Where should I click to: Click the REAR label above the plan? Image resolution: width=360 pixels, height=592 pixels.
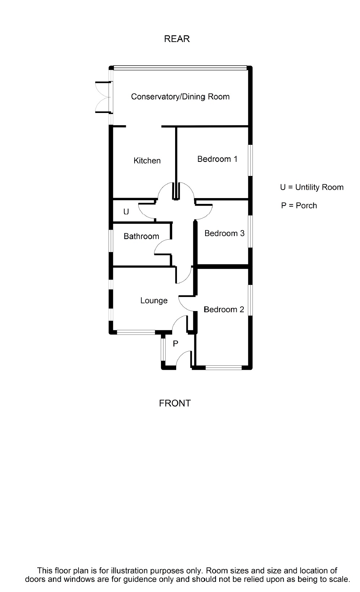[x=177, y=39]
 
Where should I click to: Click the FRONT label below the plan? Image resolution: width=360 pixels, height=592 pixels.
[x=175, y=403]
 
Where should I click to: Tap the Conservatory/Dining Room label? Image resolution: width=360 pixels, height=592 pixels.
[x=180, y=97]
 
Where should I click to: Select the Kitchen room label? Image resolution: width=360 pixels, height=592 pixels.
[x=147, y=161]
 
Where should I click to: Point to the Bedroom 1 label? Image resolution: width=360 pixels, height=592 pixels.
[x=217, y=159]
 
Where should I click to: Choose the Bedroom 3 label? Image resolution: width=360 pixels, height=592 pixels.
[x=224, y=233]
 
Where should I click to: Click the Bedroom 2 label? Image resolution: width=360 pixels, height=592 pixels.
[x=224, y=309]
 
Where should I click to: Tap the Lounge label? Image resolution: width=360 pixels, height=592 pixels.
[x=154, y=301]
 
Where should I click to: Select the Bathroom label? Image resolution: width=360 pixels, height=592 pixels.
[x=141, y=236]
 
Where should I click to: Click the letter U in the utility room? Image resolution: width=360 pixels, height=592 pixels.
[x=126, y=211]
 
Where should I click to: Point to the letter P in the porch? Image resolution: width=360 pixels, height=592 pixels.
[x=175, y=344]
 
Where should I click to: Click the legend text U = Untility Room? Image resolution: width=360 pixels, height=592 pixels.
[x=312, y=187]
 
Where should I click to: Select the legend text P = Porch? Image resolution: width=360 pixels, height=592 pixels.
[x=299, y=206]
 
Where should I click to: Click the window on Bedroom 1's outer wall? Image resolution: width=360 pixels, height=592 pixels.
[x=250, y=160]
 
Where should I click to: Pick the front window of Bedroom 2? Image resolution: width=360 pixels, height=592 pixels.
[x=223, y=368]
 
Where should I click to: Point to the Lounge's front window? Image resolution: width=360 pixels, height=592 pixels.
[x=136, y=332]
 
